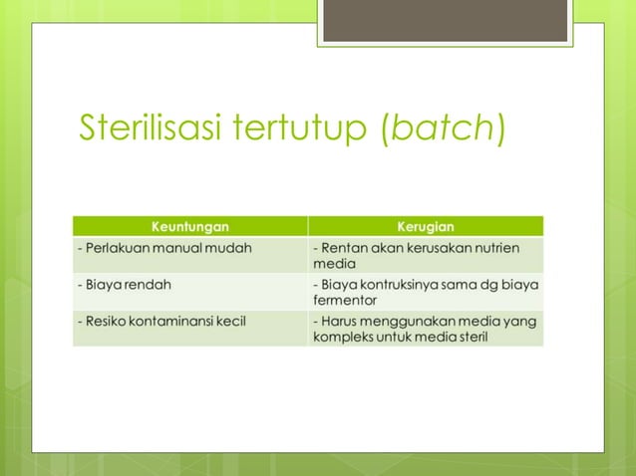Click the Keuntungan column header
coord(189,226)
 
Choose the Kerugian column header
coord(426,226)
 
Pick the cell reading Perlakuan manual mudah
coord(164,247)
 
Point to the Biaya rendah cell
coord(125,284)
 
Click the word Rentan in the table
coord(343,247)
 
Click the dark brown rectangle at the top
coord(445,21)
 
